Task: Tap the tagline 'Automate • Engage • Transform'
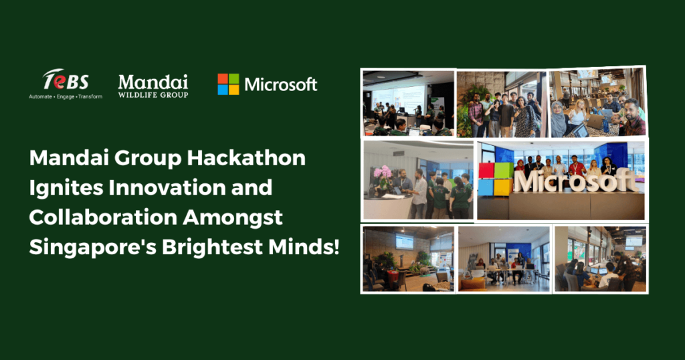click(66, 96)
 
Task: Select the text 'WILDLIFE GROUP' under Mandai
click(153, 94)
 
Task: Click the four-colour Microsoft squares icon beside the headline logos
click(229, 84)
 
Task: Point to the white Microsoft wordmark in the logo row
click(281, 84)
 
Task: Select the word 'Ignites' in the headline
click(66, 188)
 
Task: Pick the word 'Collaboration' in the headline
click(102, 217)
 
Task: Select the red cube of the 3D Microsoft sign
click(489, 171)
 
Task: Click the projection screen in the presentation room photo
click(397, 99)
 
